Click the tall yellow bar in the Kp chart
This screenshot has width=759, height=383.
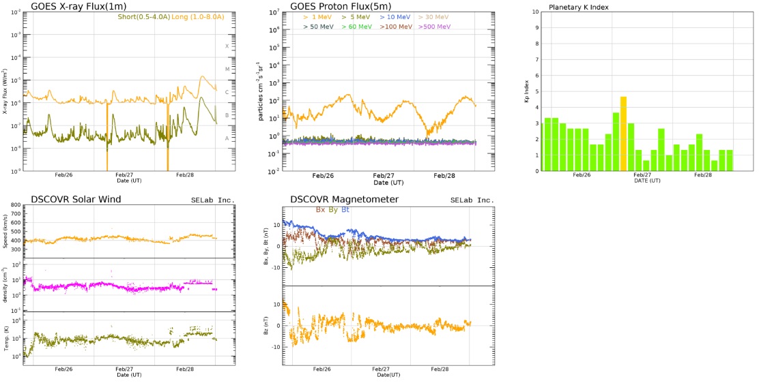tap(623, 134)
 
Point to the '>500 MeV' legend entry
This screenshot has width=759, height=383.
tap(434, 27)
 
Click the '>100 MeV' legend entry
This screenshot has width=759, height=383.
tap(396, 27)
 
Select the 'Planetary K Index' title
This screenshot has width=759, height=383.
tap(579, 7)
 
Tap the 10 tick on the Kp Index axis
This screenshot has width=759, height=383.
tap(536, 12)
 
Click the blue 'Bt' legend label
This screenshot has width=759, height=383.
tap(345, 210)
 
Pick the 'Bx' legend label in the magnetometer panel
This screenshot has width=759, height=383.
tap(320, 210)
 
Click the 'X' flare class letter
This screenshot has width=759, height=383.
tap(227, 46)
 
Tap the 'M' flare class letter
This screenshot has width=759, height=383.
tap(227, 69)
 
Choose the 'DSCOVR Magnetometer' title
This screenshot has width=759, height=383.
tap(344, 199)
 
